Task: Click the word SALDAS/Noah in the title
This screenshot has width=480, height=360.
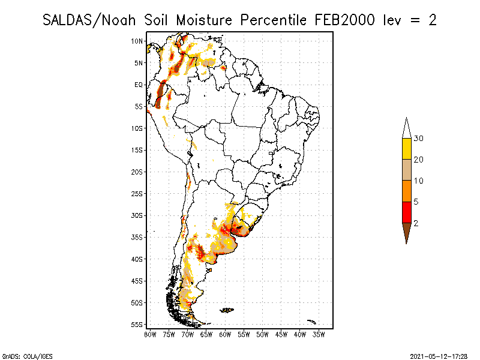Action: (x=89, y=20)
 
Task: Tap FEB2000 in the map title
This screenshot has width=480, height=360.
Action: (x=344, y=20)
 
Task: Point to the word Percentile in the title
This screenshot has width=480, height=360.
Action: (x=274, y=20)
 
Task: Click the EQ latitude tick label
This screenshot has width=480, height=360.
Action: (x=139, y=85)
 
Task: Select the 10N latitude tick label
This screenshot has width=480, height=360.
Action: (x=137, y=41)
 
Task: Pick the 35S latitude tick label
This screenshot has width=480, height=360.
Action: (x=137, y=237)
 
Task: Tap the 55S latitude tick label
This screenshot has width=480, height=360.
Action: (x=137, y=325)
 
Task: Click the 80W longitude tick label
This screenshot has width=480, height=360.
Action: (x=150, y=335)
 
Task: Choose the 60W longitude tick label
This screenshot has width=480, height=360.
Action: (x=225, y=335)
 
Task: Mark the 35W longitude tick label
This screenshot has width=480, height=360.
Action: (x=319, y=335)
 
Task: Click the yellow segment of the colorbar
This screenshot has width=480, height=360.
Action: (x=407, y=149)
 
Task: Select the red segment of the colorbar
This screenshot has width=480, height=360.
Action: (x=407, y=212)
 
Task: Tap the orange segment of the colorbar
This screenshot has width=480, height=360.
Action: (x=407, y=191)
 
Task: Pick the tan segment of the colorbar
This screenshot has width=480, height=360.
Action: (x=407, y=170)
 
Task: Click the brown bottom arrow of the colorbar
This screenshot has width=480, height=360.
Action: (x=407, y=231)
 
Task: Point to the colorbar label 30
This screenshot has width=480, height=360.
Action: (x=418, y=139)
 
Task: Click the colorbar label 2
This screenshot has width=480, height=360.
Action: (x=416, y=223)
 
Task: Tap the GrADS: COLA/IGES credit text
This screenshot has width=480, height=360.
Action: (x=28, y=356)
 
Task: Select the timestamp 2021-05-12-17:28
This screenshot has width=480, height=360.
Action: (x=439, y=356)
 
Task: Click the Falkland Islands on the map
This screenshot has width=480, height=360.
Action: (x=227, y=310)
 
